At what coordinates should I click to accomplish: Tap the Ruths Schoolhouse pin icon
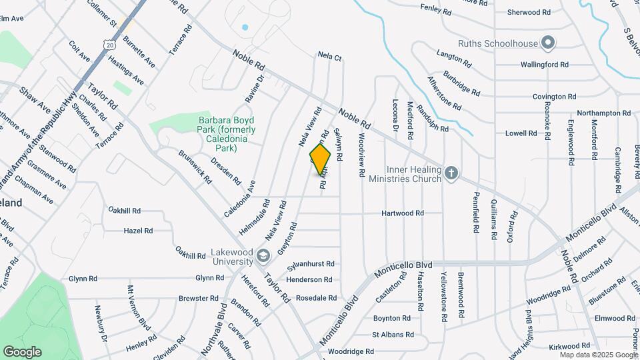549,43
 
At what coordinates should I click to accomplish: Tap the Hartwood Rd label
403,213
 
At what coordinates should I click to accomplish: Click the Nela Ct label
329,57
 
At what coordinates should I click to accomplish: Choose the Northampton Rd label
603,113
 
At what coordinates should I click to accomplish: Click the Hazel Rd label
138,231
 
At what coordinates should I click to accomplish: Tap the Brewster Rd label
194,298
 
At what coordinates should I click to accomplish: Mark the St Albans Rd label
393,335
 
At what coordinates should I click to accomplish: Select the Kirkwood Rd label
570,346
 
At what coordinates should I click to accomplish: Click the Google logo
23,351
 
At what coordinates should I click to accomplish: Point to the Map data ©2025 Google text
599,355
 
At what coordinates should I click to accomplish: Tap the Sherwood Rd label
529,12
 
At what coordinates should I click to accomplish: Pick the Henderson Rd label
309,280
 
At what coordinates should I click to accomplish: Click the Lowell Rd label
521,133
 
